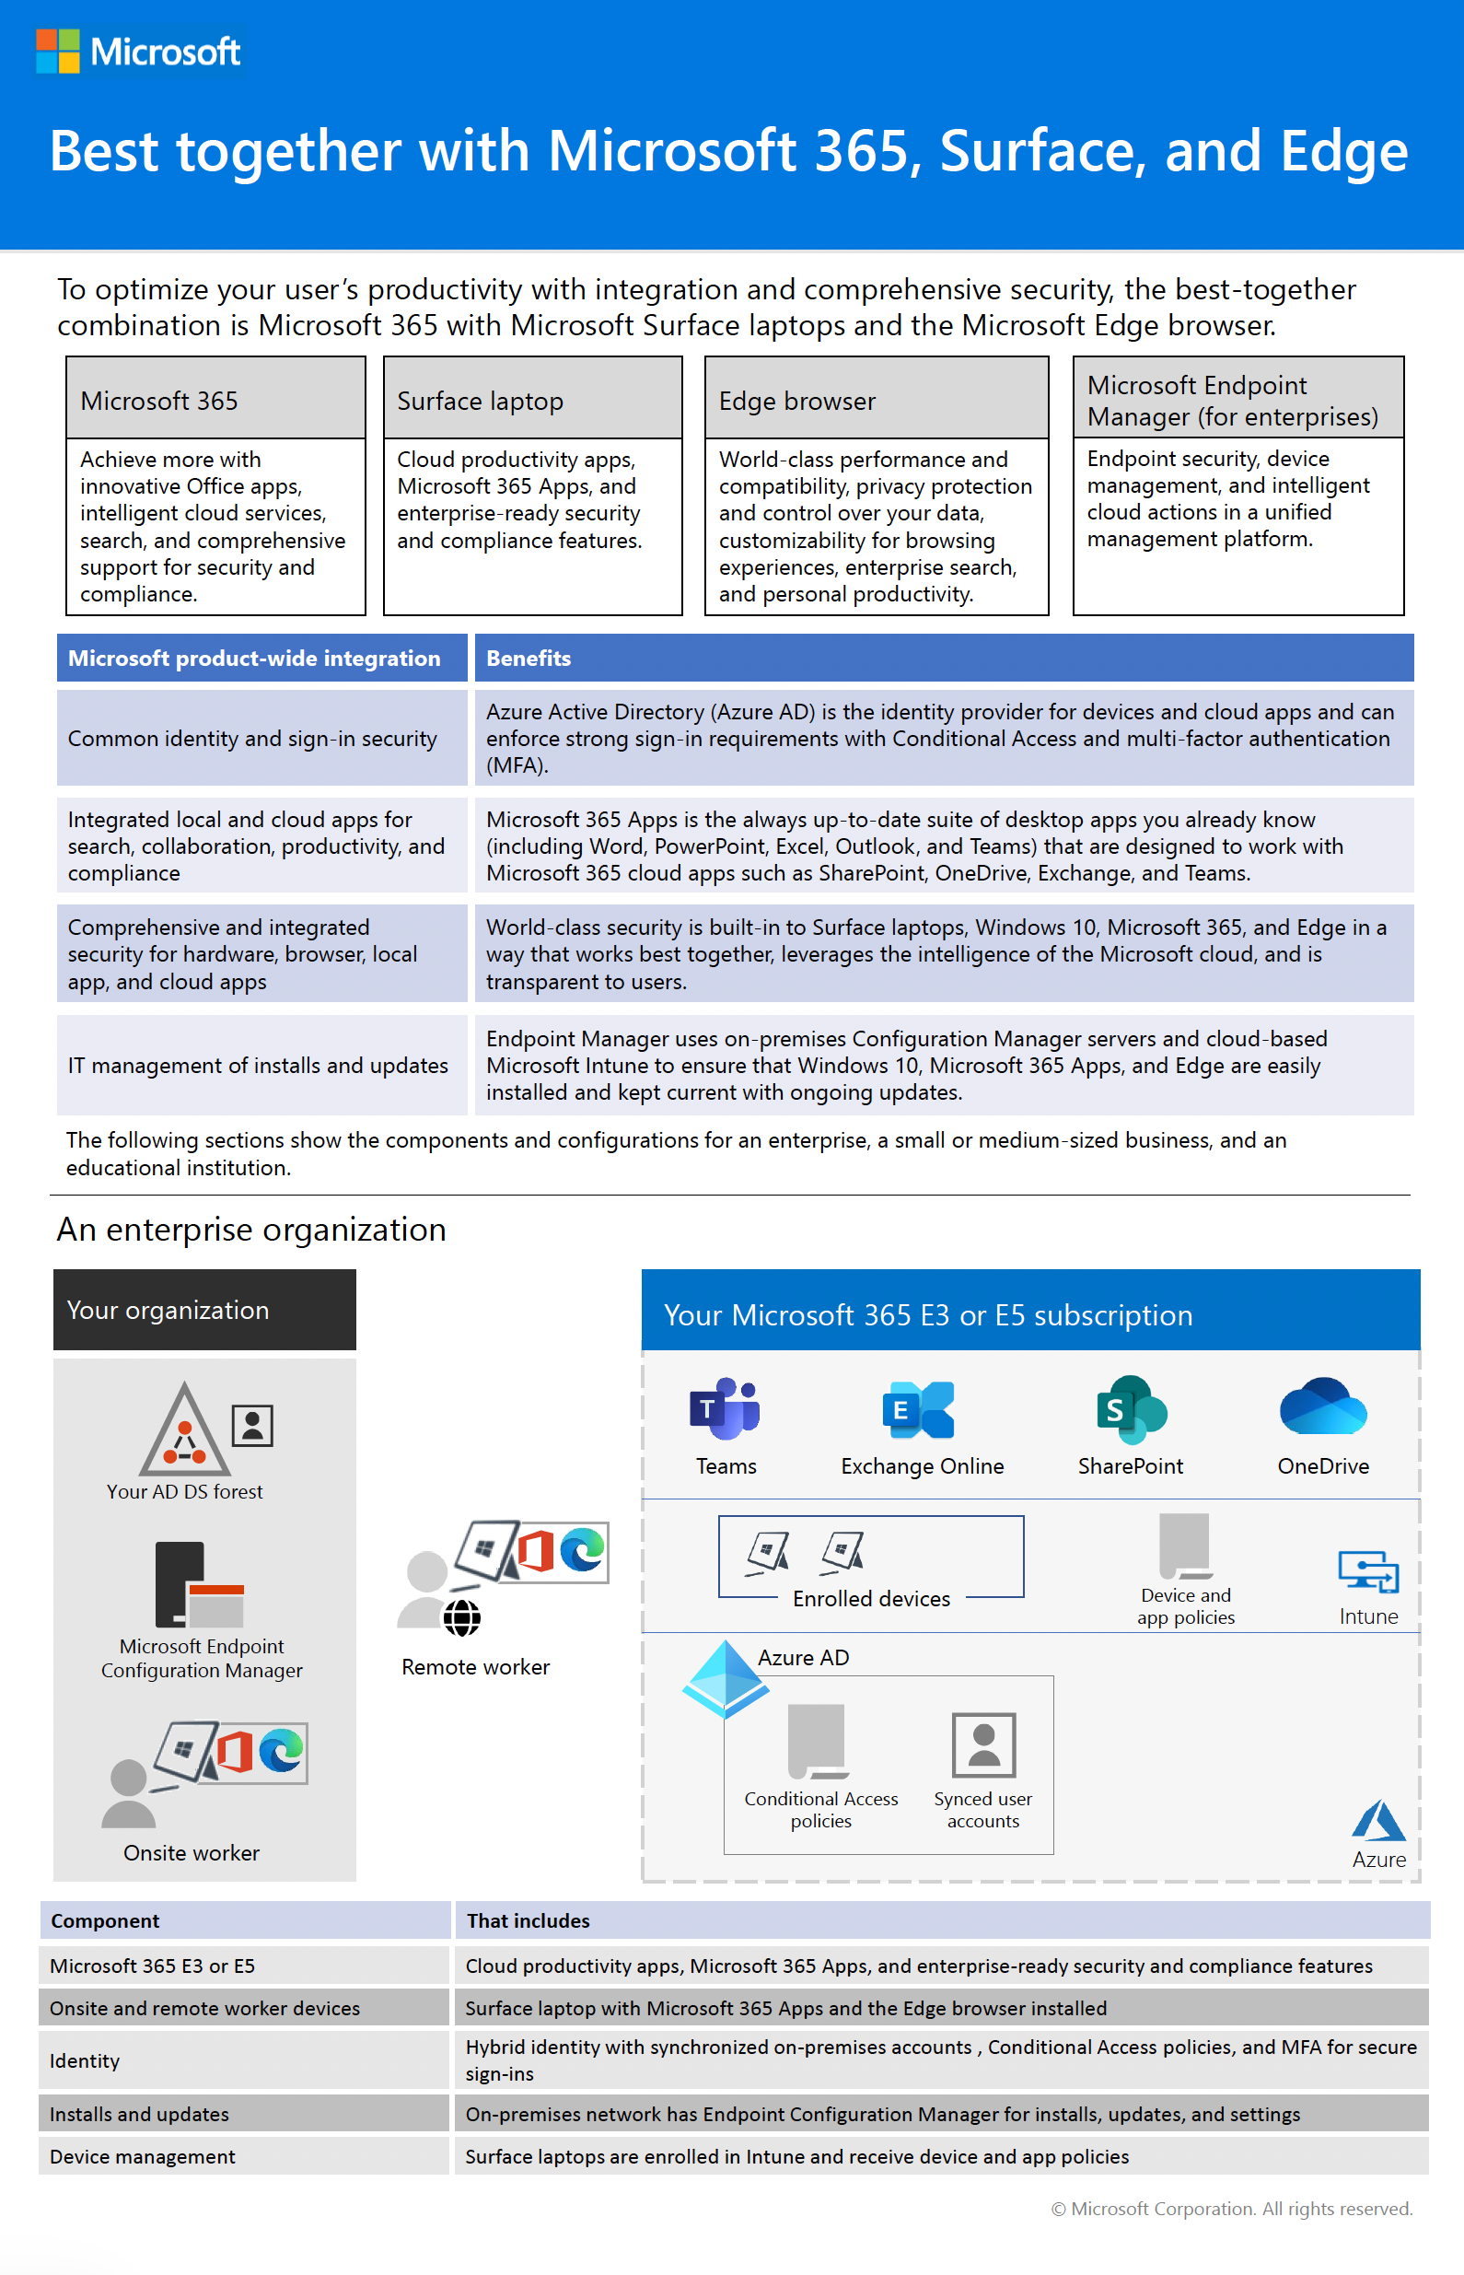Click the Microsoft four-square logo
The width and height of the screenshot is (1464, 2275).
pos(57,52)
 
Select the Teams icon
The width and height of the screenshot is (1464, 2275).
pos(725,1409)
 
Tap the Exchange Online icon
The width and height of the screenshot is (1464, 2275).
pos(917,1410)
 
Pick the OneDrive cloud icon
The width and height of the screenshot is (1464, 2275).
pos(1322,1407)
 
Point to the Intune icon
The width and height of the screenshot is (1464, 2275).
pos(1368,1570)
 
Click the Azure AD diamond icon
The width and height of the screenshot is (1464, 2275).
pos(726,1678)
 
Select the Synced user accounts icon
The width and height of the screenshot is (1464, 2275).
pos(984,1744)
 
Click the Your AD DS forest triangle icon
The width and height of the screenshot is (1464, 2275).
pos(184,1429)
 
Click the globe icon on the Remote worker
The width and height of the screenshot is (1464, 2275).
pos(462,1617)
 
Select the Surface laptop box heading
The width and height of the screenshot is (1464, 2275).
pos(480,402)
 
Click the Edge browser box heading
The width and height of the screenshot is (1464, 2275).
pos(796,402)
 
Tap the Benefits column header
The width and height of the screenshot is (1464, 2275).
pos(529,658)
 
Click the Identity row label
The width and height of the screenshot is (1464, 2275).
pos(85,2060)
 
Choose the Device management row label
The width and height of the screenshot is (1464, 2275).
pos(143,2156)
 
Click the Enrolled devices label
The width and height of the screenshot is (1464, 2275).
pos(871,1599)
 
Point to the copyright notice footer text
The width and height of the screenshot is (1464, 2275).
pos(1232,2209)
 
